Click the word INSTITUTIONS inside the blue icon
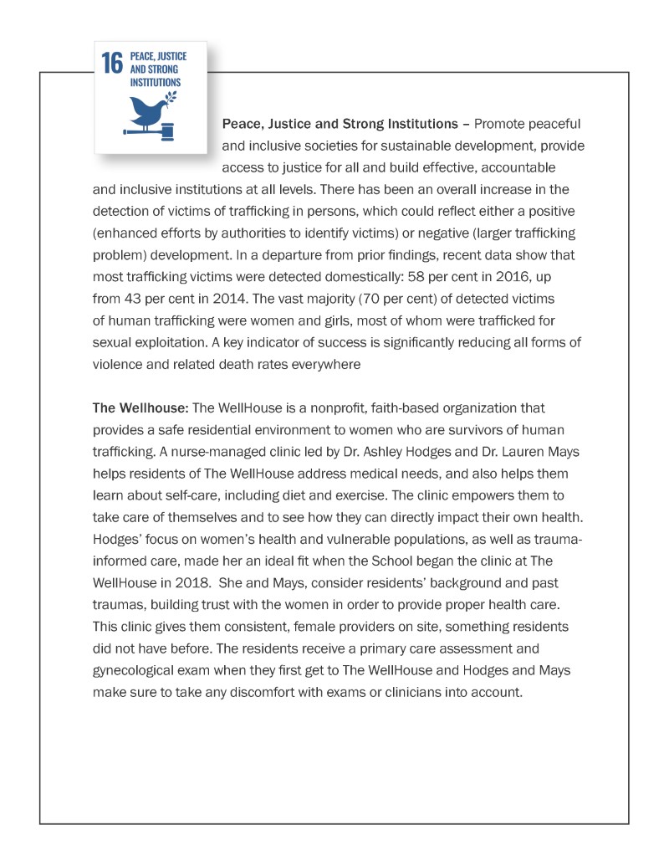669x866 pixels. [156, 83]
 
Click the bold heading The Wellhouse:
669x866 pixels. [140, 407]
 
